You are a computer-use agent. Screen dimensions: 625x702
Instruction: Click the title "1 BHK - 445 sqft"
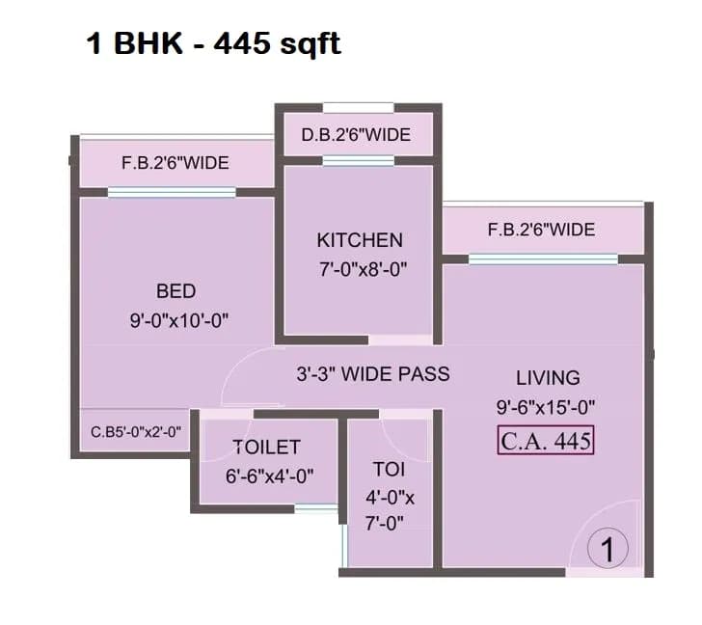(213, 44)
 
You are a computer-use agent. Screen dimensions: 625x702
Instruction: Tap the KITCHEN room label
(360, 240)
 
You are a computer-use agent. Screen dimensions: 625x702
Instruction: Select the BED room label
(175, 291)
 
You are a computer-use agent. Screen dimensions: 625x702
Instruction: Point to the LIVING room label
(548, 377)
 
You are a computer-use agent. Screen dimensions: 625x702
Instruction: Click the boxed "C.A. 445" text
(546, 441)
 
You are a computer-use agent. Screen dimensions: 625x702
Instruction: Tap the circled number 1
(607, 549)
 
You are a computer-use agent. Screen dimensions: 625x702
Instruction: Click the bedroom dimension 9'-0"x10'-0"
(178, 321)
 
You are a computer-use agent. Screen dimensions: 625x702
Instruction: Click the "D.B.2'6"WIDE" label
(356, 134)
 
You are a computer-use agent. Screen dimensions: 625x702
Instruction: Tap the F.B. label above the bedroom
(175, 163)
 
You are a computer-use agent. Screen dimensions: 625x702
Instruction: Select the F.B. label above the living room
(541, 230)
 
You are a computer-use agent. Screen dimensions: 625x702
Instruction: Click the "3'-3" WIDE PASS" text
(373, 373)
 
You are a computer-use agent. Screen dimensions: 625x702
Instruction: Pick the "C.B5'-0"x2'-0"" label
(136, 432)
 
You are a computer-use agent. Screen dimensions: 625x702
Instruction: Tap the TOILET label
(266, 447)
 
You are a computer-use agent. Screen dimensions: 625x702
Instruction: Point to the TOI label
(389, 470)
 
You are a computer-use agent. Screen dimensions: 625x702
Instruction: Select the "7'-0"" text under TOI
(389, 524)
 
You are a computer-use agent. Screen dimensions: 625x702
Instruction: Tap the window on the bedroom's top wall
(172, 193)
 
